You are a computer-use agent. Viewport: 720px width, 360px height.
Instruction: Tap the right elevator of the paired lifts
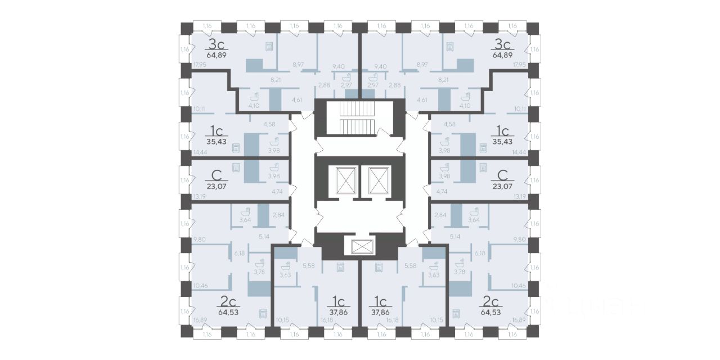click(x=375, y=180)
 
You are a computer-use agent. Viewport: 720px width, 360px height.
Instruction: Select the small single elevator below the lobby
click(x=359, y=246)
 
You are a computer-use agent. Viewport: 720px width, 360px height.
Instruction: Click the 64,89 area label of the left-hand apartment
click(x=216, y=55)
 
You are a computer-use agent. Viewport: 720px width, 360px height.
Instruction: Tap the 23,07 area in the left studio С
click(x=216, y=183)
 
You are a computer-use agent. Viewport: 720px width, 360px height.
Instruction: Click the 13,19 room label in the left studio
click(x=199, y=196)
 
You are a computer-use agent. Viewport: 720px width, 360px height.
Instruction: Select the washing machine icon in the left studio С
click(x=236, y=167)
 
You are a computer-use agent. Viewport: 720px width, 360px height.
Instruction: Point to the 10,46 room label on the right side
click(x=519, y=286)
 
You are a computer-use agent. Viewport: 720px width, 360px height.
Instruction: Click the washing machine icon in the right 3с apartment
click(x=451, y=47)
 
